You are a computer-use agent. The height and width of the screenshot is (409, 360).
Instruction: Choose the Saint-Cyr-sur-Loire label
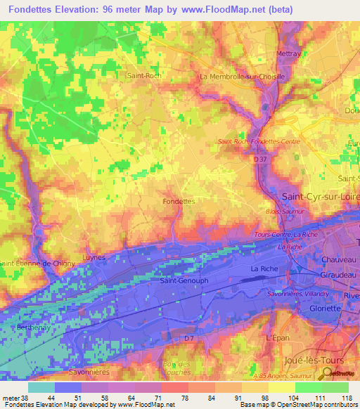(x=320, y=197)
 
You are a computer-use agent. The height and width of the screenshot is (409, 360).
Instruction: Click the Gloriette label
(x=325, y=309)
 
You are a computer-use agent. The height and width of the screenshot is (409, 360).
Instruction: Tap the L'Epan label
(x=277, y=337)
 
